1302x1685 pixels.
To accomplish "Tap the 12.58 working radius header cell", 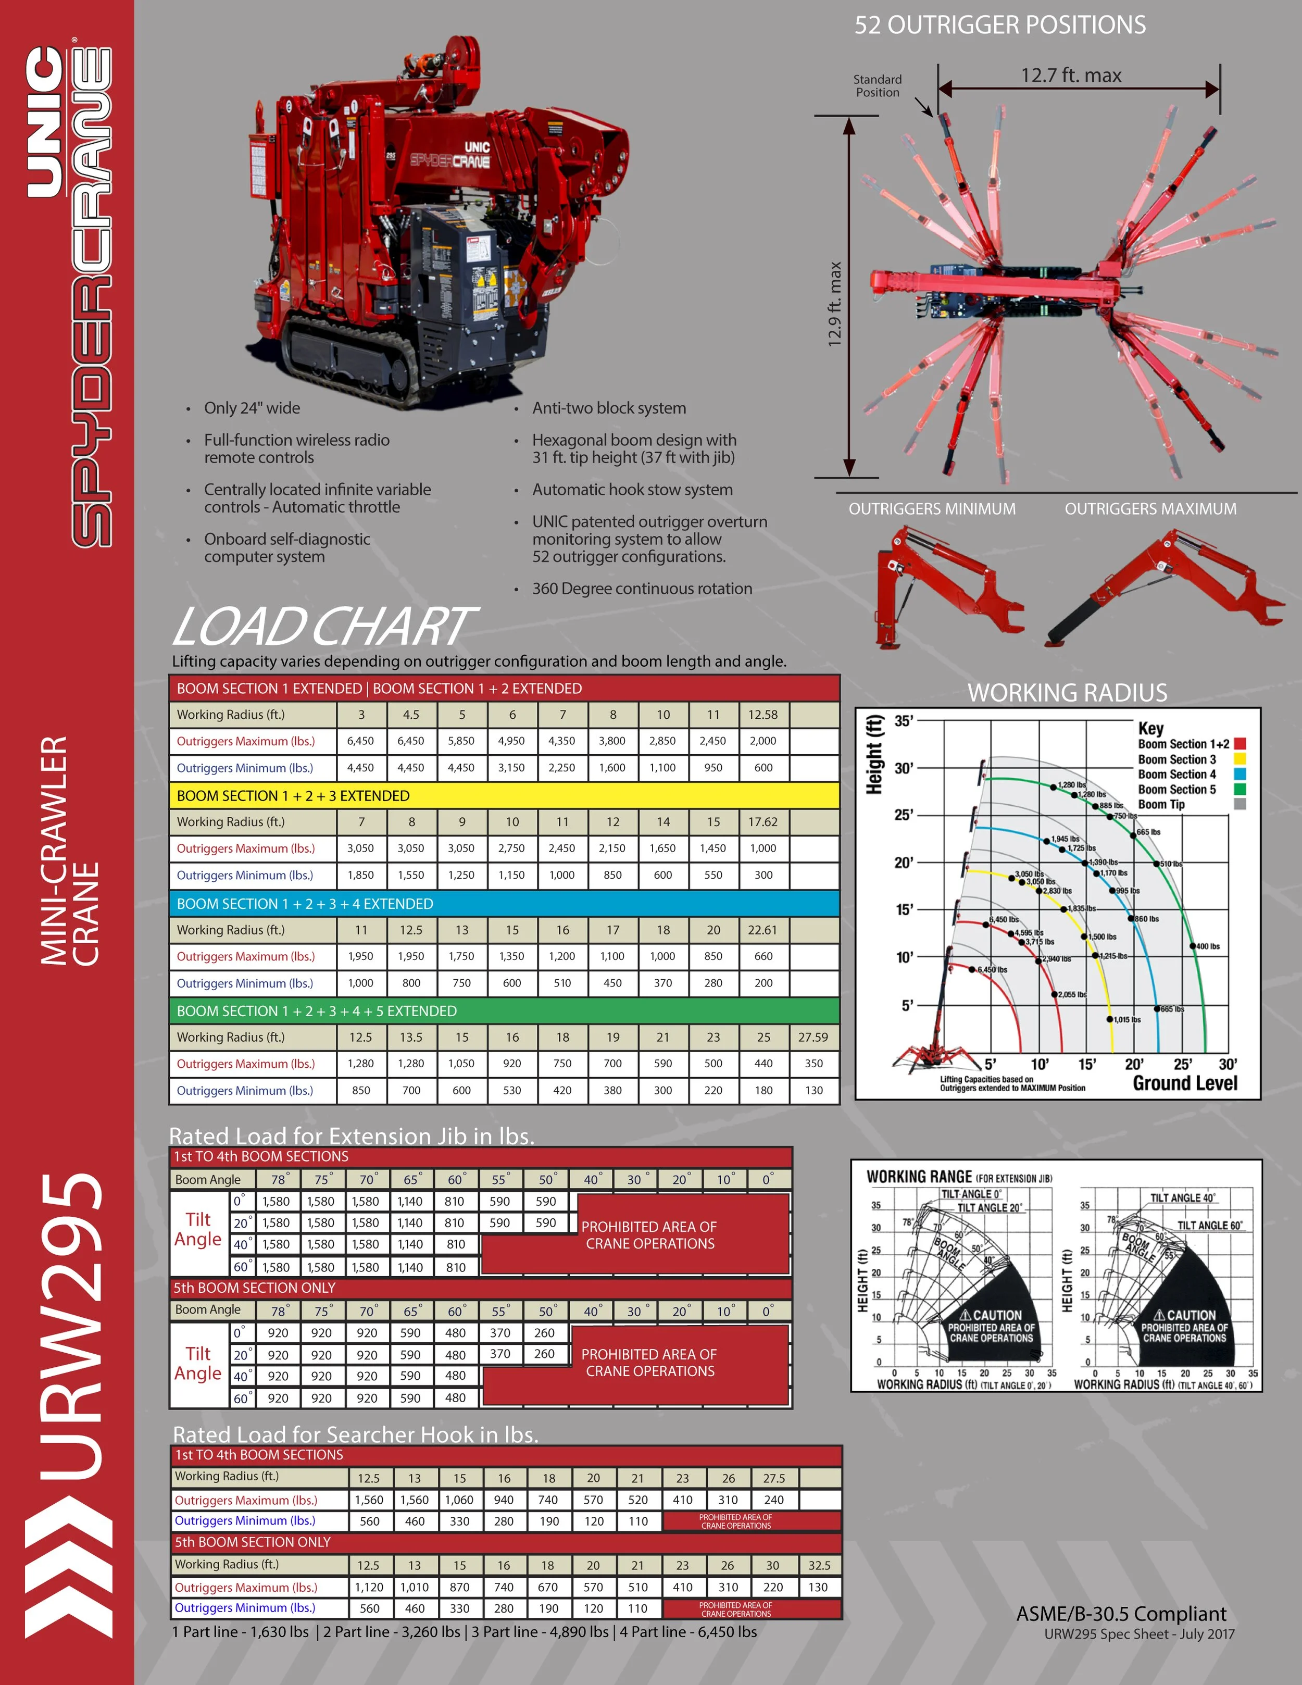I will point(763,715).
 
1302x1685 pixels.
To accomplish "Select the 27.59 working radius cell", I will point(813,1037).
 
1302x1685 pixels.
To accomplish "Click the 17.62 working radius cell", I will point(763,822).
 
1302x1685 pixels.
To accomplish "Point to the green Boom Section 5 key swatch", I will point(1240,789).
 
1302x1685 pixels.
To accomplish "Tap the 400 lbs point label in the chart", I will point(1208,946).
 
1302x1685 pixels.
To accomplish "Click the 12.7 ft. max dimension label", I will point(1071,76).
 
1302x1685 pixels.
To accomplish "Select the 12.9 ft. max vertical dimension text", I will point(834,304).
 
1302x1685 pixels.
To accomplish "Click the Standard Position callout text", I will point(878,85).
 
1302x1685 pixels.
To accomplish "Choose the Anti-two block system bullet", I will point(609,408).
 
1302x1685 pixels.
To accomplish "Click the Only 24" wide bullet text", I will point(252,408).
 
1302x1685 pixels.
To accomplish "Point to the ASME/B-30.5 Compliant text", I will point(1121,1614).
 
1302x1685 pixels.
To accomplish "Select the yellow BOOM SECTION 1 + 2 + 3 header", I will point(293,795).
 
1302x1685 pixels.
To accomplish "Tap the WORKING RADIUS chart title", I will point(1067,693).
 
